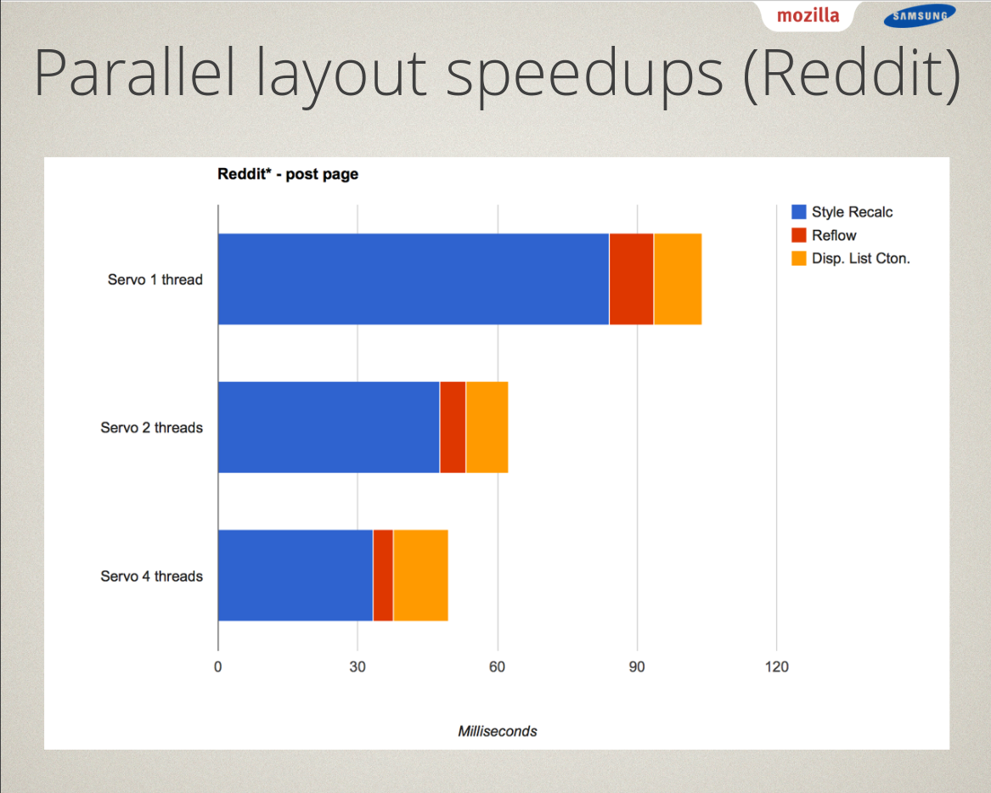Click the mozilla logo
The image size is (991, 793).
(808, 15)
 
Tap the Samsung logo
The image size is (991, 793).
(920, 16)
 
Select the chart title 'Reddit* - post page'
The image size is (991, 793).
(288, 174)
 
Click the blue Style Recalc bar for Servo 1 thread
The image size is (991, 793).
(414, 279)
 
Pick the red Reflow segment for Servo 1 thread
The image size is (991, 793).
(632, 279)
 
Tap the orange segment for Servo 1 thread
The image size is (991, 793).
(678, 279)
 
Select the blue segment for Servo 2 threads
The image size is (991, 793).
(329, 427)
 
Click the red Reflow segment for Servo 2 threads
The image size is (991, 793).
(453, 427)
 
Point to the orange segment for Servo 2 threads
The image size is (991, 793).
(487, 427)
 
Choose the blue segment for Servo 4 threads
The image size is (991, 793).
(296, 576)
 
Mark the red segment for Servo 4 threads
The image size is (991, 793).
(383, 576)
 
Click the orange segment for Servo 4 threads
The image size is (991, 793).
(421, 576)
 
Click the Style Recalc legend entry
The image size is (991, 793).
(842, 212)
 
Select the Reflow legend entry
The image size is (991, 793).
(825, 236)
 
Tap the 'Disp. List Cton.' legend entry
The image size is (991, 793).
(851, 258)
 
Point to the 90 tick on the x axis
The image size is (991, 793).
(637, 666)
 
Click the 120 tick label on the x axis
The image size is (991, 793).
(777, 666)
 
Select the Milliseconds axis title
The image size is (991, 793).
(498, 731)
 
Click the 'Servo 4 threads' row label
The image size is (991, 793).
(152, 576)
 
